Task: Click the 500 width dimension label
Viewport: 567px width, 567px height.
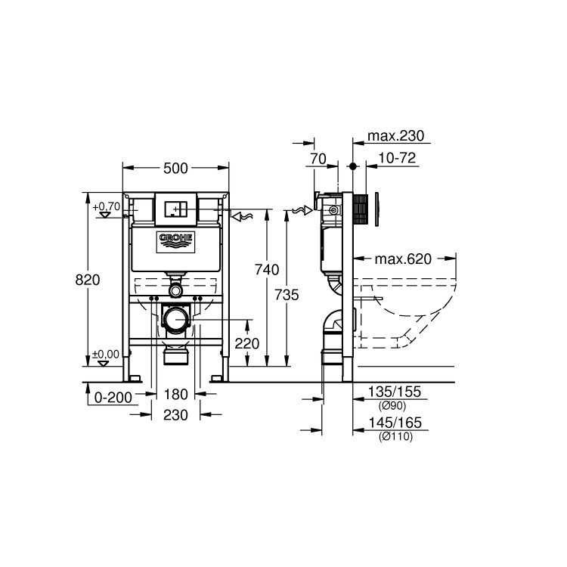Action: [175, 168]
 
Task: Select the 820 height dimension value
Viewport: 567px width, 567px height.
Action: [88, 279]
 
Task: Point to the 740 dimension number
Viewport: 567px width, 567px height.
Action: [268, 269]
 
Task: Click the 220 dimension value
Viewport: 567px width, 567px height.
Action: [246, 342]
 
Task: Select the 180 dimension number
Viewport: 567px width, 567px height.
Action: [175, 394]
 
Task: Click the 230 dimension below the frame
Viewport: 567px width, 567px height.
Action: [175, 414]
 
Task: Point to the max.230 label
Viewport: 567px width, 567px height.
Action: [395, 136]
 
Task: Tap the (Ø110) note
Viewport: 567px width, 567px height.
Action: [395, 436]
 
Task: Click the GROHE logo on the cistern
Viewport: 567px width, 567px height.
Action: [175, 241]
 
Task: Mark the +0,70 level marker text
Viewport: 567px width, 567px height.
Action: [107, 206]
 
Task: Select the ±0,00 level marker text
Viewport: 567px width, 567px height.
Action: [107, 354]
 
